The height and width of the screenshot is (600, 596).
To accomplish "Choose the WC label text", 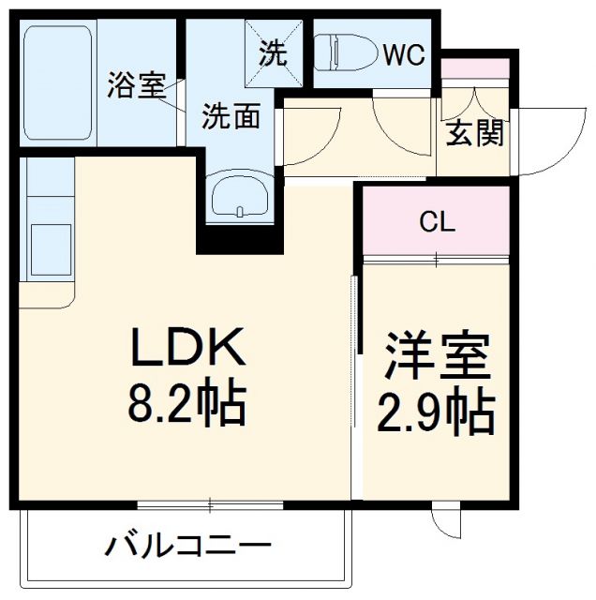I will [403, 54].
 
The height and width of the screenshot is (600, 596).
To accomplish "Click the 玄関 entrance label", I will [473, 133].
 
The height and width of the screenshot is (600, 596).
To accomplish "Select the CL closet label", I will [437, 222].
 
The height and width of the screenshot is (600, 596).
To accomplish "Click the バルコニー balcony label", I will [187, 544].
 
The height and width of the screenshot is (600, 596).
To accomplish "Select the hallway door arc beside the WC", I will [397, 122].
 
